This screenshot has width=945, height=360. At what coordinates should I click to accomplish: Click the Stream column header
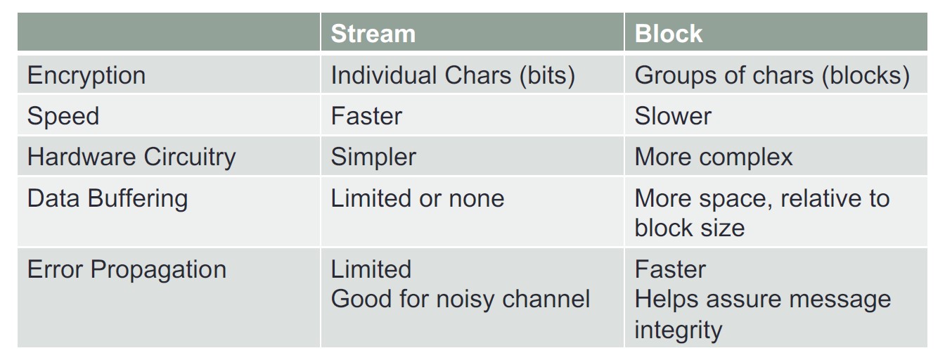(373, 33)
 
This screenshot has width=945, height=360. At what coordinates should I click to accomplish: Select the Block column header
(668, 33)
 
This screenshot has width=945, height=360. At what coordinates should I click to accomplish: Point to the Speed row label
(63, 117)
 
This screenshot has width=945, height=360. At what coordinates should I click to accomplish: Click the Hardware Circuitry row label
(131, 157)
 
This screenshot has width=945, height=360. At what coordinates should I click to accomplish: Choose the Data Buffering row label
(107, 199)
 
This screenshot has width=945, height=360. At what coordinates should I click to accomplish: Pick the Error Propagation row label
(127, 270)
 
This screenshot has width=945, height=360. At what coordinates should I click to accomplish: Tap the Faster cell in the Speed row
(366, 116)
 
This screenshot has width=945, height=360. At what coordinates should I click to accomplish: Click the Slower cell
(673, 116)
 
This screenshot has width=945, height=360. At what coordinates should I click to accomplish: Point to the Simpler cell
(373, 157)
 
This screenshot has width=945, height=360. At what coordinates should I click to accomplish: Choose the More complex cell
(714, 157)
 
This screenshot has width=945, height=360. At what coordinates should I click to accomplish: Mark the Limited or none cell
(417, 198)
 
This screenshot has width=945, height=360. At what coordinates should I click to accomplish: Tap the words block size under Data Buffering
(689, 229)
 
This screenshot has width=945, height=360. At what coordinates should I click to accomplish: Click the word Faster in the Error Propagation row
(670, 269)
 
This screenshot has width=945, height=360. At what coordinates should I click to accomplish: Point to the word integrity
(678, 330)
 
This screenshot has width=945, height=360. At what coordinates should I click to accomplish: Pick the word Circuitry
(189, 157)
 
